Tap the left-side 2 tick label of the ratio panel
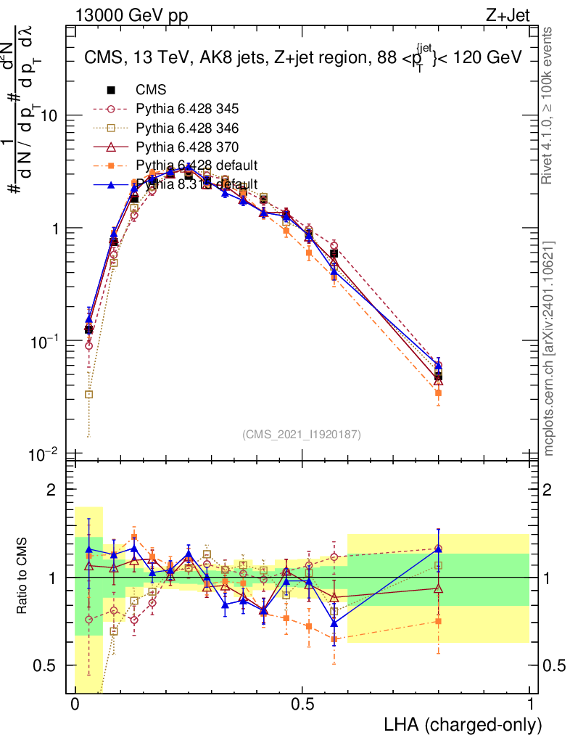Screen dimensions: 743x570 pos(51,490)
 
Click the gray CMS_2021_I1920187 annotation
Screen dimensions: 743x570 pos(302,434)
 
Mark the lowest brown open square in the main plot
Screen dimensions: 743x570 pos(88,395)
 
